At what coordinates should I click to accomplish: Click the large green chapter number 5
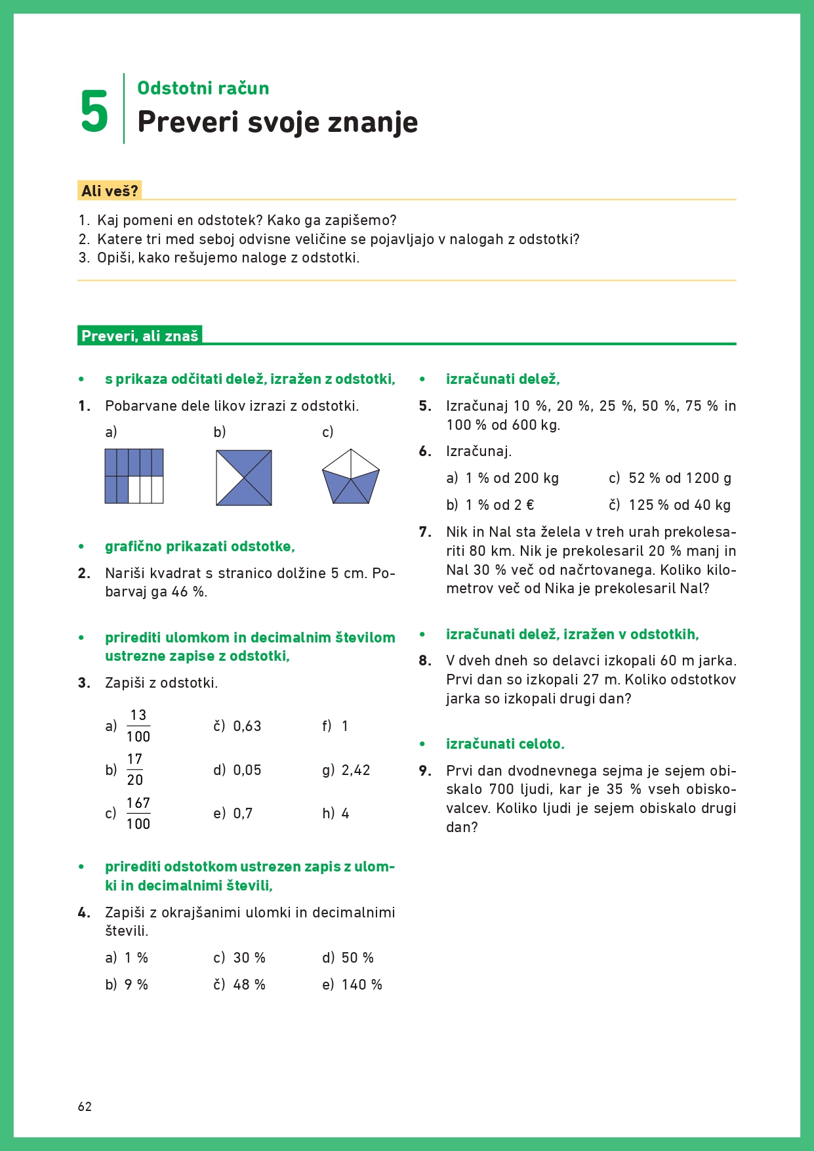94,112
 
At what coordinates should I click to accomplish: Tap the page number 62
85,1106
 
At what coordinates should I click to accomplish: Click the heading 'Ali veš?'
110,191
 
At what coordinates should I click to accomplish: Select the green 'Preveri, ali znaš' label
140,336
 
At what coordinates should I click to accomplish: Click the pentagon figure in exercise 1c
351,476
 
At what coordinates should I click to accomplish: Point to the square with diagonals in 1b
244,478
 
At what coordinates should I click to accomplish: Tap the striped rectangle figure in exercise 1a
134,476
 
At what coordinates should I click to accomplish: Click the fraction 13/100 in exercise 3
138,726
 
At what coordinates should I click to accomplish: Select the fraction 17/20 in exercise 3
135,770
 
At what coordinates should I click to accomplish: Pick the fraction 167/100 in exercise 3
138,814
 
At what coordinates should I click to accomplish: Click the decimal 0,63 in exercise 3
247,726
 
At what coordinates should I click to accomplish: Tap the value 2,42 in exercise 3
356,770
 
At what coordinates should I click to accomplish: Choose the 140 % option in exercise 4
361,985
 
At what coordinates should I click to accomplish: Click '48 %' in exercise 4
249,985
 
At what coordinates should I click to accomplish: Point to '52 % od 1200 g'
680,478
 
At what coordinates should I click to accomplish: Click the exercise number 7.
425,532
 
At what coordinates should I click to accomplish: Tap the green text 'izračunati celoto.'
505,744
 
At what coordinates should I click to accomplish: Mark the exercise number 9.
425,771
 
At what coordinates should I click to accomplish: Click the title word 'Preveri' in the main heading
188,122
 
